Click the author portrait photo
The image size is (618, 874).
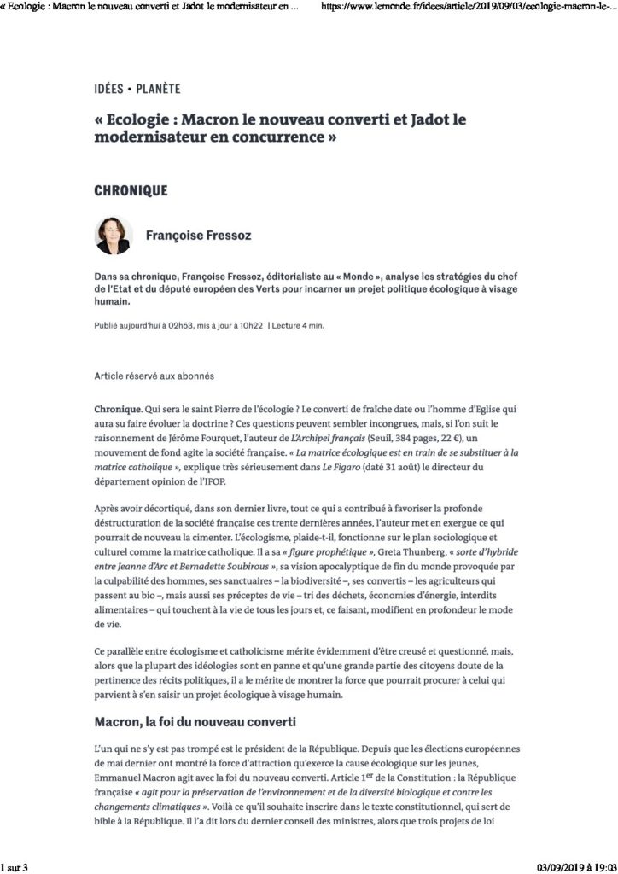click(114, 235)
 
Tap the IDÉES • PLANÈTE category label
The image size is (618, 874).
click(137, 89)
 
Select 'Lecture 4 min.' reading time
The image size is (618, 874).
click(299, 325)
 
